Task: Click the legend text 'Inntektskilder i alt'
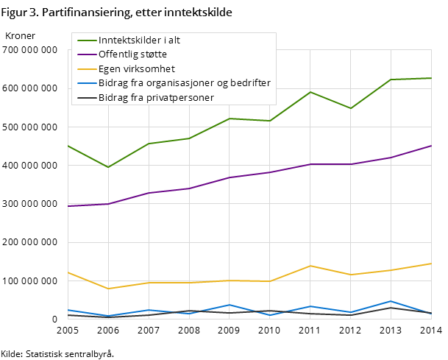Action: click(x=139, y=40)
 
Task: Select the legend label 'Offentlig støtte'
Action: click(x=132, y=54)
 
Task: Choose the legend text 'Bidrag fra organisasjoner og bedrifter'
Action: click(x=185, y=82)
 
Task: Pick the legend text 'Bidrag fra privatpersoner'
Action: click(x=156, y=97)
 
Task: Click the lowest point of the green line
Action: click(x=108, y=167)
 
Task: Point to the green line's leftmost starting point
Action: click(x=68, y=146)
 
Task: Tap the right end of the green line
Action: click(x=431, y=78)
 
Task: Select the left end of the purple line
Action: click(x=68, y=206)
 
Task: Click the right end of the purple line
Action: click(x=431, y=146)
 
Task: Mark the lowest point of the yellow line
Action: click(x=108, y=289)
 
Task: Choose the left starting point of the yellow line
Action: click(x=68, y=272)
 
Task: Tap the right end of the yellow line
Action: click(x=431, y=264)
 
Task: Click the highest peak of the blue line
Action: click(x=391, y=301)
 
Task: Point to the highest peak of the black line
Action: click(x=391, y=307)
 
